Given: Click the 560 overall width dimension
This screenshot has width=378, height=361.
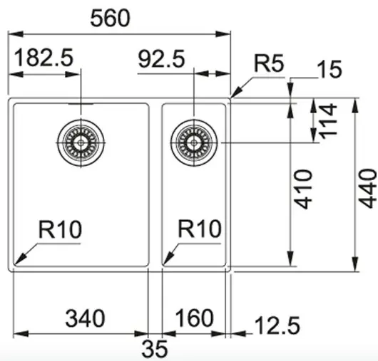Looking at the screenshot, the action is (x=110, y=19).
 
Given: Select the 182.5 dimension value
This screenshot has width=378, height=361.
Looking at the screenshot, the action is (x=44, y=57).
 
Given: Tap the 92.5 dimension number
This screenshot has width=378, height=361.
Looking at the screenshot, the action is (x=161, y=58).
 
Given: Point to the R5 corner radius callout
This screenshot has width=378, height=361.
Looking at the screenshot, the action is (x=270, y=63).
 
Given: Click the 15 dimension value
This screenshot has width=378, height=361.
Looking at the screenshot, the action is (x=330, y=68).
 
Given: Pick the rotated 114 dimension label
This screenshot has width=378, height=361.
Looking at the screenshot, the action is (x=328, y=121).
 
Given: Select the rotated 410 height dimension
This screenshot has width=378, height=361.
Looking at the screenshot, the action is (x=304, y=189).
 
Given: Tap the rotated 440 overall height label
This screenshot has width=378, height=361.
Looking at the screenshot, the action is (x=367, y=189).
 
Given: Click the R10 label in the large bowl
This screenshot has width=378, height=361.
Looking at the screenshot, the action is (x=61, y=229).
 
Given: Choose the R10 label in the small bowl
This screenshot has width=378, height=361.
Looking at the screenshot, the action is (x=200, y=229).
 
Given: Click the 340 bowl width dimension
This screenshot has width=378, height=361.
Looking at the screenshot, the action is (x=85, y=318).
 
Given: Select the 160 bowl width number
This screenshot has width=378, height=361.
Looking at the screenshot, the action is (x=194, y=318).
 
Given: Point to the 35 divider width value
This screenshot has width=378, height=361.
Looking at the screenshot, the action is (x=155, y=349).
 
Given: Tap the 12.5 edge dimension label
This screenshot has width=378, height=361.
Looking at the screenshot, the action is (x=277, y=325).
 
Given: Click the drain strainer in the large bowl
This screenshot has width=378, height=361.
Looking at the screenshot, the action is (x=81, y=142).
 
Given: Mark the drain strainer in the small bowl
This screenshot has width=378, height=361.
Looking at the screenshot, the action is (x=194, y=142).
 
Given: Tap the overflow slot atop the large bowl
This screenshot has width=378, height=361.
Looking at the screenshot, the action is (x=81, y=104).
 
